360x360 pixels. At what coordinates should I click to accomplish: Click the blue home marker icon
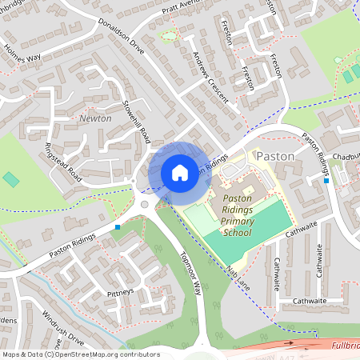click(x=180, y=172)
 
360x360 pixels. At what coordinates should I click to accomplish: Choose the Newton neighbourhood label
click(x=96, y=118)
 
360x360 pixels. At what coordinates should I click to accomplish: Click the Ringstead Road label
click(x=63, y=161)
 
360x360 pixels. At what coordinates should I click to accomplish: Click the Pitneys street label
click(x=120, y=292)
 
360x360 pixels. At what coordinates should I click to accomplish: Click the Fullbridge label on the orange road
click(x=346, y=345)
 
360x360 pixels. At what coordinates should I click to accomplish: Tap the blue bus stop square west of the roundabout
click(x=118, y=227)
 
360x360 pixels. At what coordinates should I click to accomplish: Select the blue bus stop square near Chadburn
click(x=326, y=181)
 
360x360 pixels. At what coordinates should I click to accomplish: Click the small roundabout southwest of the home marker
click(x=145, y=205)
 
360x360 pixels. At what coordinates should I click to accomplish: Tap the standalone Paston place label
click(x=276, y=156)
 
